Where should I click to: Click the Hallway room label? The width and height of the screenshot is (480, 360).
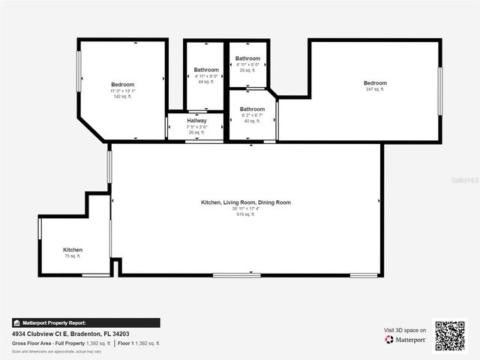point(196,121)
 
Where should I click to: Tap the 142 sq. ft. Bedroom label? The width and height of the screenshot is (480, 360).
point(122,85)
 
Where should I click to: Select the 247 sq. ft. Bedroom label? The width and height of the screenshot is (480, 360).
point(375,83)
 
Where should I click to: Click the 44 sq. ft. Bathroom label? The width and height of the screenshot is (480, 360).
point(206,70)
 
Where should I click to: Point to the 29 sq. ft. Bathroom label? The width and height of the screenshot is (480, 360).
point(247,58)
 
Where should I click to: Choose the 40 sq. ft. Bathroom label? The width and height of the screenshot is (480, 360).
point(252,109)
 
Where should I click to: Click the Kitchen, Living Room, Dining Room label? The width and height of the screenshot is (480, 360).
point(245,202)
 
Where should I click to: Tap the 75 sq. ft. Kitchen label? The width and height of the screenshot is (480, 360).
point(73,250)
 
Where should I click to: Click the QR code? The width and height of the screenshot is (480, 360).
point(450,336)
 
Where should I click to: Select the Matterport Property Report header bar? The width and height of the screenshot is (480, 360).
point(85,323)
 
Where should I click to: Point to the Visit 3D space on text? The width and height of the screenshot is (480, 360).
point(405,330)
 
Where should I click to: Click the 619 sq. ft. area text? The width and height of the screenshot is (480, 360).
point(245,214)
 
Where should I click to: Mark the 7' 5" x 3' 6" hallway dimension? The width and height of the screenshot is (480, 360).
point(196,127)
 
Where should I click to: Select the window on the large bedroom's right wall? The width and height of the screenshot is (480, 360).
point(440,91)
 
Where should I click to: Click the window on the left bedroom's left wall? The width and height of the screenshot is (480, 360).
point(79,73)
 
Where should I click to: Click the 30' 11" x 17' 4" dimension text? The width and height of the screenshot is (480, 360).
point(245,208)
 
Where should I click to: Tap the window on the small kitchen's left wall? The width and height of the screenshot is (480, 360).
point(40,228)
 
